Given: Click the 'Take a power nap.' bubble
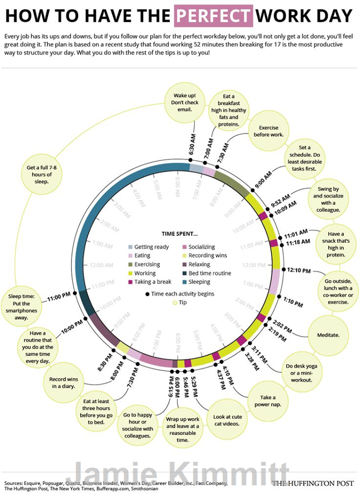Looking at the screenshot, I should pyautogui.click(x=268, y=401).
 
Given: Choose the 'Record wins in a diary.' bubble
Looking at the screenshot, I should pyautogui.click(x=64, y=383).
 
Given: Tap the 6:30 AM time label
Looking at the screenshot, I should pyautogui.click(x=192, y=146).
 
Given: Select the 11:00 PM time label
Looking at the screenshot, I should pyautogui.click(x=58, y=298).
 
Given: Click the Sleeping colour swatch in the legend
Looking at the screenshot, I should pyautogui.click(x=131, y=282).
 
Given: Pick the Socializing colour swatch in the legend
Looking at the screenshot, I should pyautogui.click(x=185, y=247).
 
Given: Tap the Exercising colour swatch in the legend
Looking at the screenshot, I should pyautogui.click(x=131, y=265).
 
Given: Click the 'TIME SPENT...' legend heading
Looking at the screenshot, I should pyautogui.click(x=180, y=234).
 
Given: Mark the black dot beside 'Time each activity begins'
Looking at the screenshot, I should pyautogui.click(x=147, y=294).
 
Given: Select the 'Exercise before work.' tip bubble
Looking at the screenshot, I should pyautogui.click(x=268, y=131).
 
